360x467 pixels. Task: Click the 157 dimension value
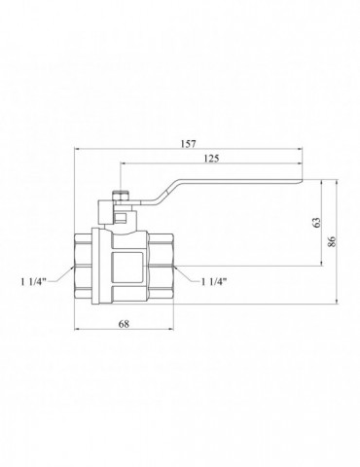click(189, 144)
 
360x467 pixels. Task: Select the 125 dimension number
click(211, 159)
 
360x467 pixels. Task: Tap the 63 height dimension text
click(317, 222)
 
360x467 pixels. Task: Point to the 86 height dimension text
click(332, 241)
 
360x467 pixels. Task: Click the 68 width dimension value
click(124, 324)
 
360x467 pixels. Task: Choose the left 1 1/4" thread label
click(34, 282)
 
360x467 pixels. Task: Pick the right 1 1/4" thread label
click(214, 282)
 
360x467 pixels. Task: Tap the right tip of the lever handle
click(302, 180)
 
